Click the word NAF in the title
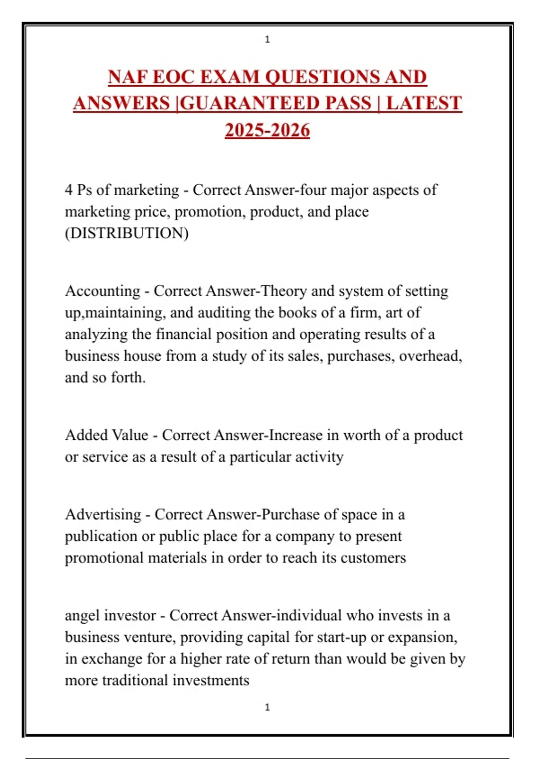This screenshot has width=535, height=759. pos(128,77)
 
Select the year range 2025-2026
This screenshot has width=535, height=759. pos(267,130)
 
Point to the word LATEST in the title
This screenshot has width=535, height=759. pos(424,103)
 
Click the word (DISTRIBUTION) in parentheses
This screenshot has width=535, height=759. pos(127,233)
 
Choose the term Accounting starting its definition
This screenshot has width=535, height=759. pos(103,291)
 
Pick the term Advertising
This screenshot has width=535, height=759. pos(103,514)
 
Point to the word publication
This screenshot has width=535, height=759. pos(101,536)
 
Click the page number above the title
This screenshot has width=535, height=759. pos(267,39)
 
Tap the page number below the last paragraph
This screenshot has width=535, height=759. pos(267,707)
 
